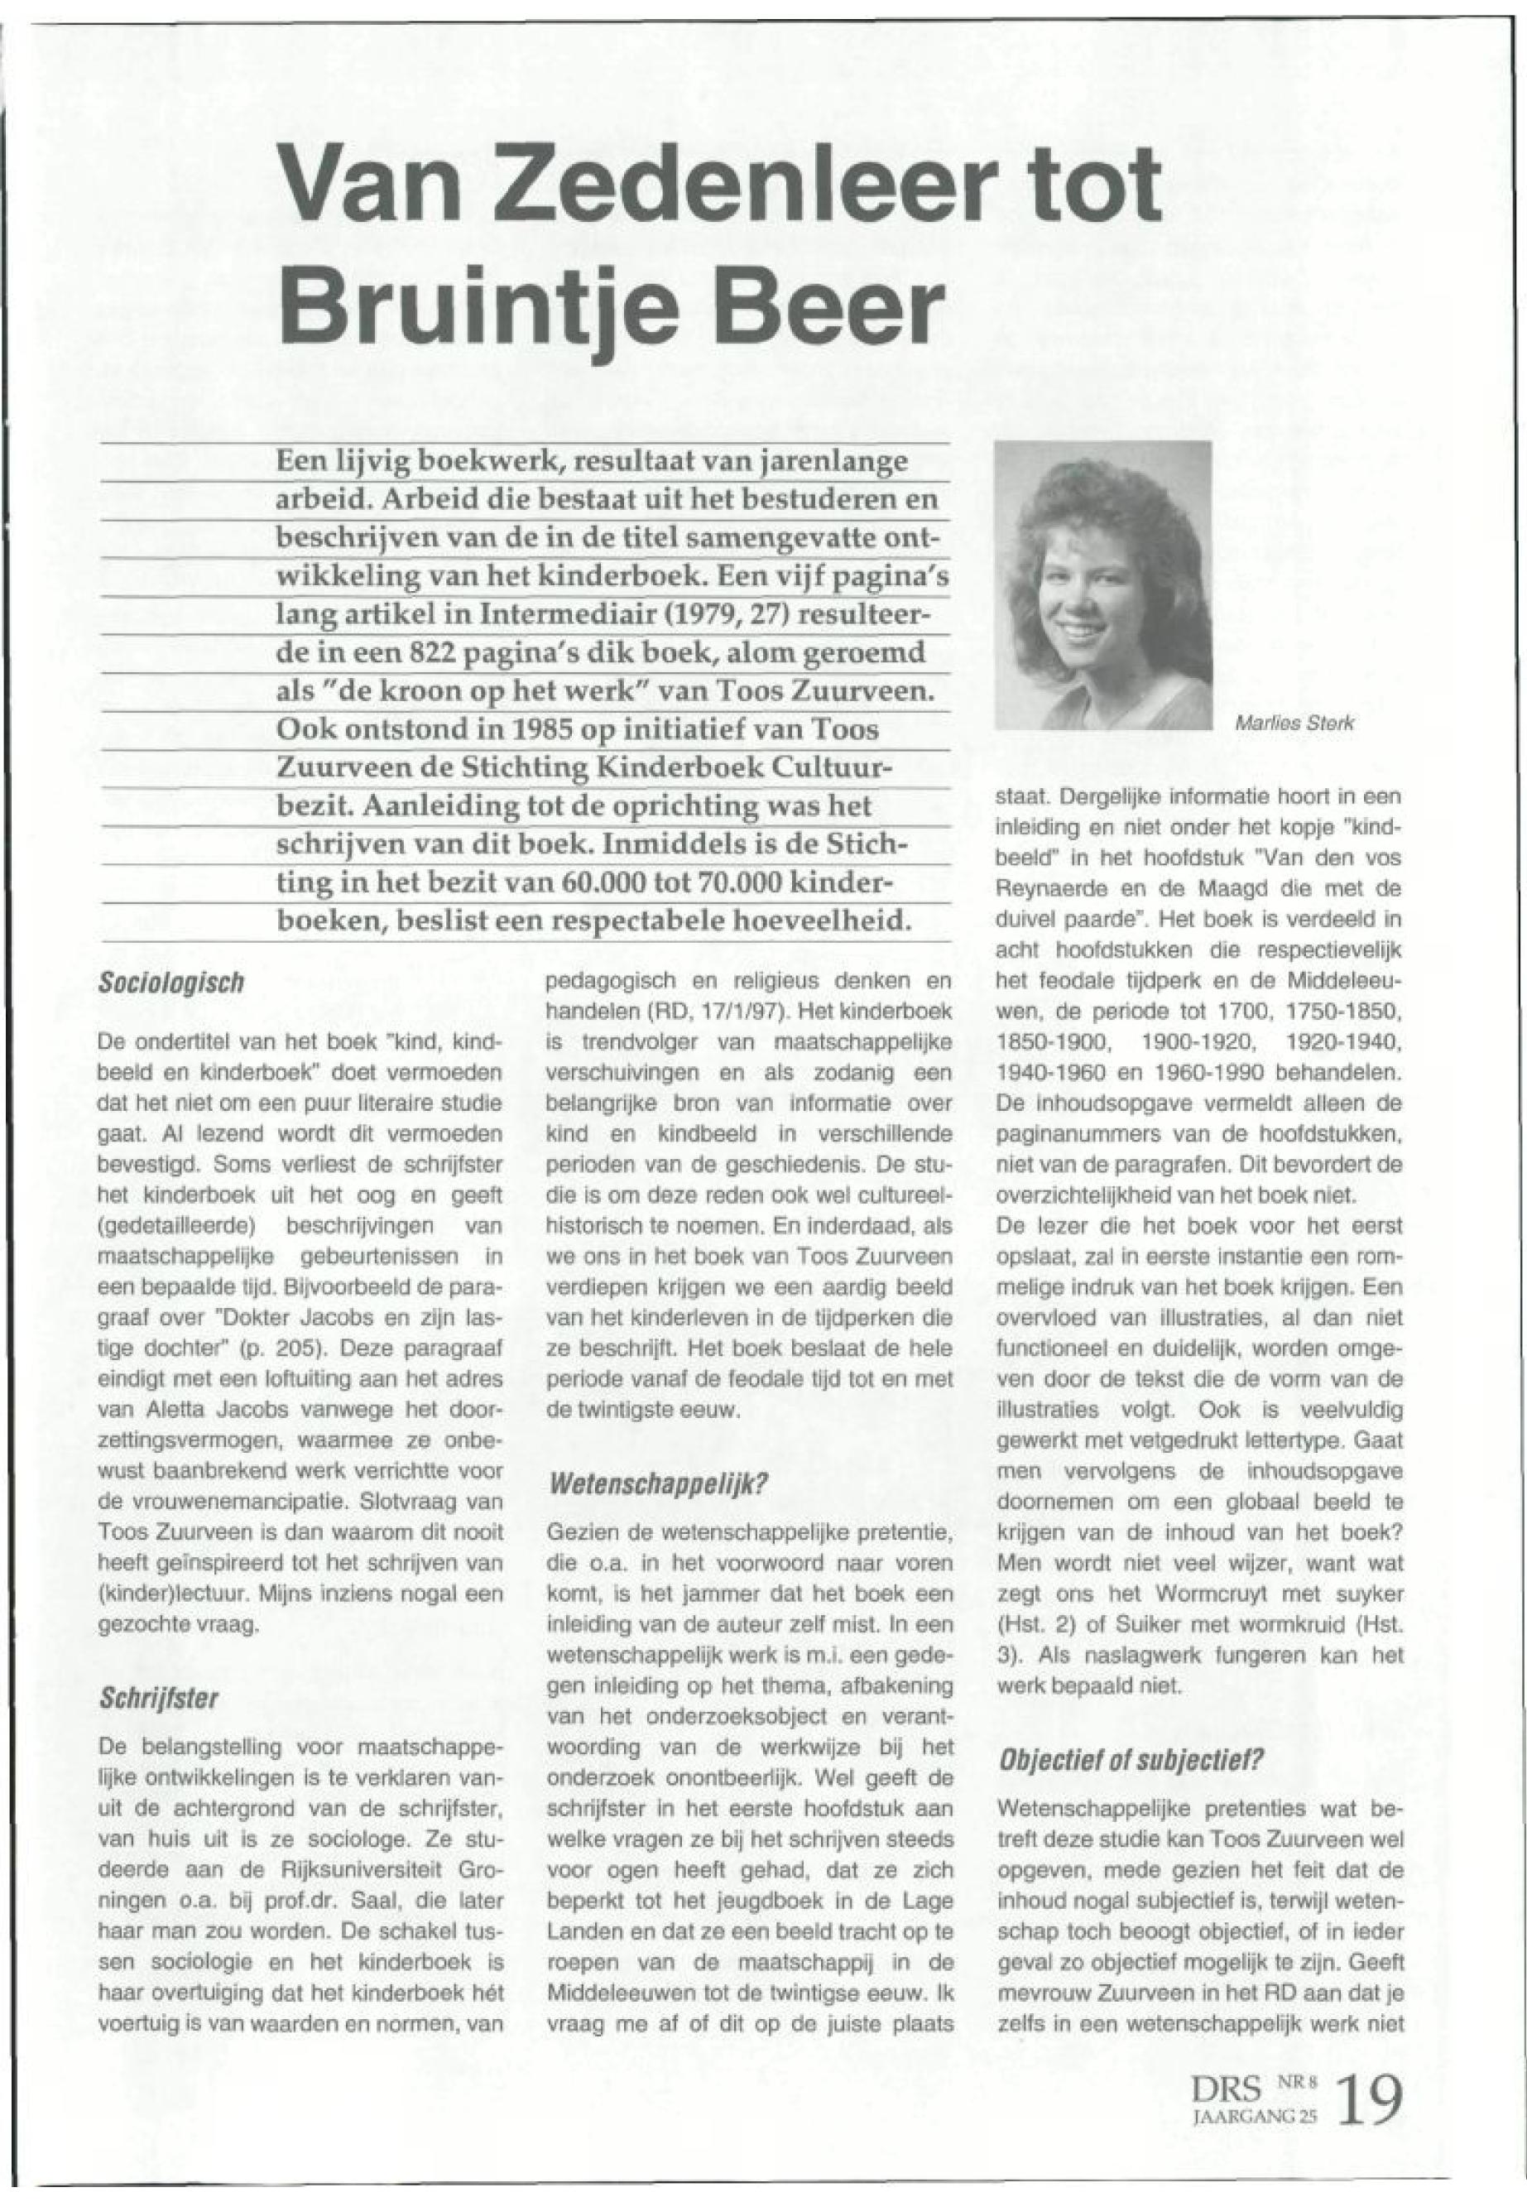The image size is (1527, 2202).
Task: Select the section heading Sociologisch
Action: pyautogui.click(x=172, y=983)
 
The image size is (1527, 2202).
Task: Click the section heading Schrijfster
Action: pyautogui.click(x=160, y=1699)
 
